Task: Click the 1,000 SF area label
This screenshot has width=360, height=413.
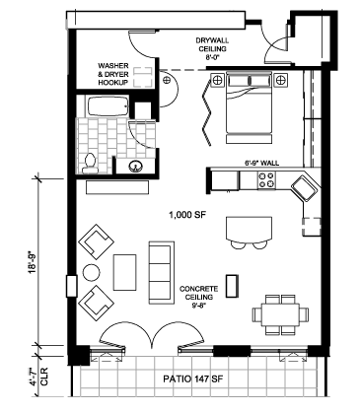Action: click(x=186, y=215)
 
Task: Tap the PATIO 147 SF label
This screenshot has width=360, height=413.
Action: click(x=193, y=379)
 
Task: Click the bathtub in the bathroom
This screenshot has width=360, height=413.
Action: click(x=108, y=105)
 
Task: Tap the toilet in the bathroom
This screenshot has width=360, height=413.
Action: click(x=90, y=164)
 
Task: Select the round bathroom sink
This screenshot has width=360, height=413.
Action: click(x=135, y=166)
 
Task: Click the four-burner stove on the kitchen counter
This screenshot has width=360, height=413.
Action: click(x=266, y=179)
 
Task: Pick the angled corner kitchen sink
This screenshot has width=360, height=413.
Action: click(x=305, y=188)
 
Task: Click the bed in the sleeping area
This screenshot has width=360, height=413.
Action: click(x=249, y=107)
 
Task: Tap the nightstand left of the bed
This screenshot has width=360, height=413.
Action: click(x=217, y=80)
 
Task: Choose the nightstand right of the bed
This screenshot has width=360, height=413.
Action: click(x=280, y=80)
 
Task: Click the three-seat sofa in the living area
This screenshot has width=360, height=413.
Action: click(x=161, y=272)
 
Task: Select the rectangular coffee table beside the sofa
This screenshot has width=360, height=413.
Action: click(x=125, y=272)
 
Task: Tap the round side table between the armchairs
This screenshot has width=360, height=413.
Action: click(x=91, y=272)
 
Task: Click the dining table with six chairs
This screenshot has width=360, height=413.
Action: click(x=280, y=314)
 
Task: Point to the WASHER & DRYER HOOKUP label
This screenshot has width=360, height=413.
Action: click(x=113, y=75)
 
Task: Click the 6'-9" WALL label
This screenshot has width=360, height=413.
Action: click(x=261, y=163)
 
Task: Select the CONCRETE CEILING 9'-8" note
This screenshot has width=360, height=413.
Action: click(x=198, y=297)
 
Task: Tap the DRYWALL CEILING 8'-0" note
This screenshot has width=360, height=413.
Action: click(x=212, y=48)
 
